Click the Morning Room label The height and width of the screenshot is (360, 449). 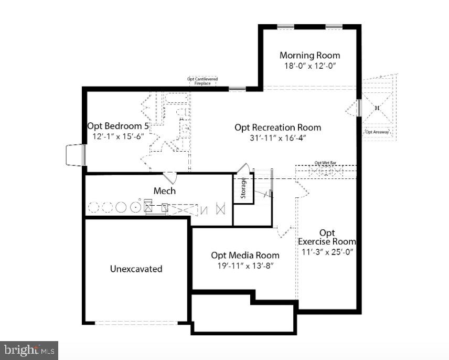click(x=309, y=55)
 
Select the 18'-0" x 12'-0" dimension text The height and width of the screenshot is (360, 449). click(x=309, y=66)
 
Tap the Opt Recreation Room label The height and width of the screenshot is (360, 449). click(x=277, y=127)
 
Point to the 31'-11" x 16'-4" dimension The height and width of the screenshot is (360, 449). click(x=278, y=138)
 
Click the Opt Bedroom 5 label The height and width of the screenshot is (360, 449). click(x=119, y=126)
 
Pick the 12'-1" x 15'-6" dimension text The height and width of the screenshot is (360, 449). click(x=118, y=136)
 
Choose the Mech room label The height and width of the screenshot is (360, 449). click(x=164, y=190)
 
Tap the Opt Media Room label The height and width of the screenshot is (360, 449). click(x=245, y=255)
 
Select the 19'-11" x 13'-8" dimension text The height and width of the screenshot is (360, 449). click(x=245, y=266)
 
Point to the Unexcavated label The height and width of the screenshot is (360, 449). click(x=136, y=269)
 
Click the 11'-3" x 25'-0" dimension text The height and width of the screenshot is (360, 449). click(x=328, y=252)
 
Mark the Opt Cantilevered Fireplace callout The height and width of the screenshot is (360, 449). click(x=202, y=81)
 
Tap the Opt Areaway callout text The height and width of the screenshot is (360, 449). click(x=377, y=132)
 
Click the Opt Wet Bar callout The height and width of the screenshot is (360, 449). click(x=325, y=163)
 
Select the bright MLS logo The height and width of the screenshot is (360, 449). click(x=29, y=350)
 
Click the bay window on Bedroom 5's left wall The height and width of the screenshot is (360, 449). click(x=75, y=155)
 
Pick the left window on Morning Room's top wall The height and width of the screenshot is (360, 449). click(x=285, y=26)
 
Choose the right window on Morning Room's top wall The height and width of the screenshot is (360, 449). click(x=334, y=26)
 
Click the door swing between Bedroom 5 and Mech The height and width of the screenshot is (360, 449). click(x=170, y=177)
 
